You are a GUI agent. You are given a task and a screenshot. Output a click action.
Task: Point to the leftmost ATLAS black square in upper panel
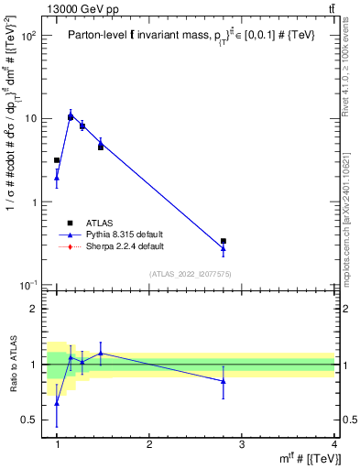(57, 160)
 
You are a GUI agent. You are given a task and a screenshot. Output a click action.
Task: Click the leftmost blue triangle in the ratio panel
(57, 402)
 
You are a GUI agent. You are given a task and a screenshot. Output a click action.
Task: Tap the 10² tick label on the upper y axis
(29, 36)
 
